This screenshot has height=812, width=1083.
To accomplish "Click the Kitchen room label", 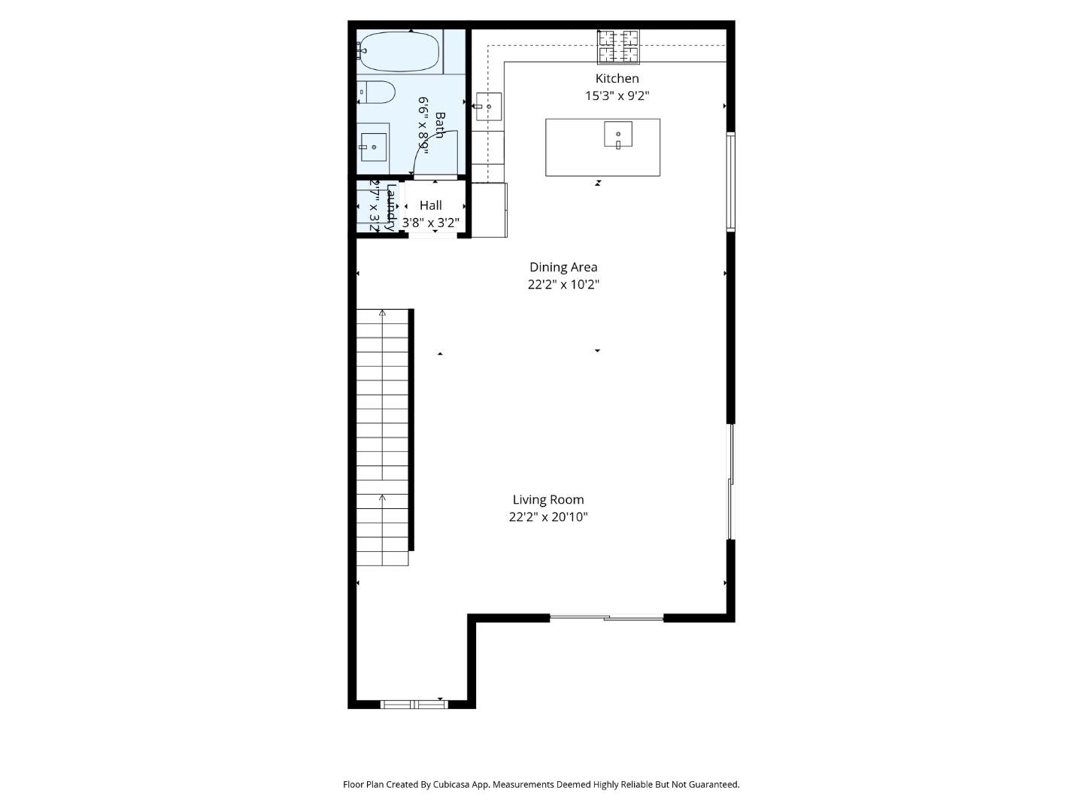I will (x=617, y=78).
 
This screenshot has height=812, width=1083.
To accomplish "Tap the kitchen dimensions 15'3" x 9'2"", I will (x=617, y=95).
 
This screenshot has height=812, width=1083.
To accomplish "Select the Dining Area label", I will (x=563, y=267).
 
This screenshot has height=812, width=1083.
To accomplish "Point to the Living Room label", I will (x=548, y=499).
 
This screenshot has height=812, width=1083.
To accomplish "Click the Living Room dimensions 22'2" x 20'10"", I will (x=548, y=517).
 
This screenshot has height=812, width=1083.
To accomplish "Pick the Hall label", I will (x=430, y=205).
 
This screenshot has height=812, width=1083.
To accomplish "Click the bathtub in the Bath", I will (x=399, y=51).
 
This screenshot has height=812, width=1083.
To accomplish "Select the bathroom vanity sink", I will (x=373, y=147).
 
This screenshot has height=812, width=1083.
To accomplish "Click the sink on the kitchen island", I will (x=617, y=135).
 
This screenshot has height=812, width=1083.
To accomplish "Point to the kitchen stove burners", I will (x=618, y=47).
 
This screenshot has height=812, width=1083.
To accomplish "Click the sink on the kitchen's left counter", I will (x=488, y=107).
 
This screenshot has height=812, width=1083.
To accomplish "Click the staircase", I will (x=383, y=436).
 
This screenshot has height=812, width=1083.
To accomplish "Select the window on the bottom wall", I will (x=414, y=704).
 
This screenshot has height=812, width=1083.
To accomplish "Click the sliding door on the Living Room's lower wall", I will (x=606, y=618).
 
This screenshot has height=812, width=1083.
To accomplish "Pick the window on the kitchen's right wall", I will (x=730, y=181).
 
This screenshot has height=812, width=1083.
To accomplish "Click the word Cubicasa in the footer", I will (x=451, y=784).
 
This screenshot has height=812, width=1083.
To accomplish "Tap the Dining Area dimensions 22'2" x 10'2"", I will (x=563, y=285).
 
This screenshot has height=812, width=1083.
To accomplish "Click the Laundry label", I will (x=390, y=207).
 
